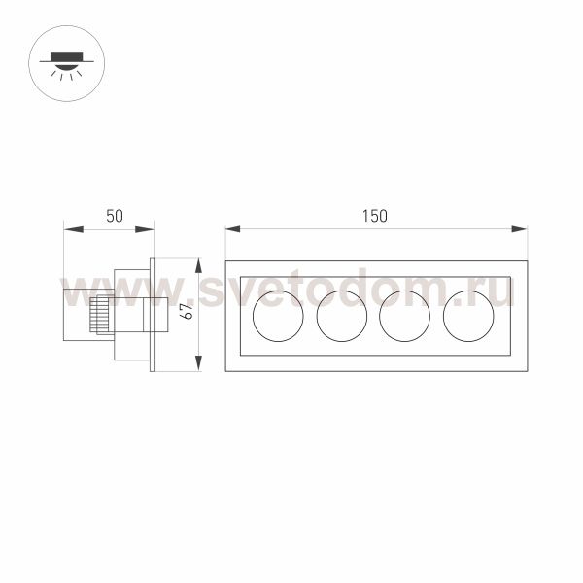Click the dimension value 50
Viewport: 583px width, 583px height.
point(114,216)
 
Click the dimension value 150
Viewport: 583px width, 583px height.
point(375,216)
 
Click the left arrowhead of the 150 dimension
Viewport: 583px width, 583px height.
point(233,229)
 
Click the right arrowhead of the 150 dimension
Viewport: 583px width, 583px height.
point(520,229)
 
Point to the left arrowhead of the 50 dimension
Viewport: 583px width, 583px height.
point(73,229)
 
